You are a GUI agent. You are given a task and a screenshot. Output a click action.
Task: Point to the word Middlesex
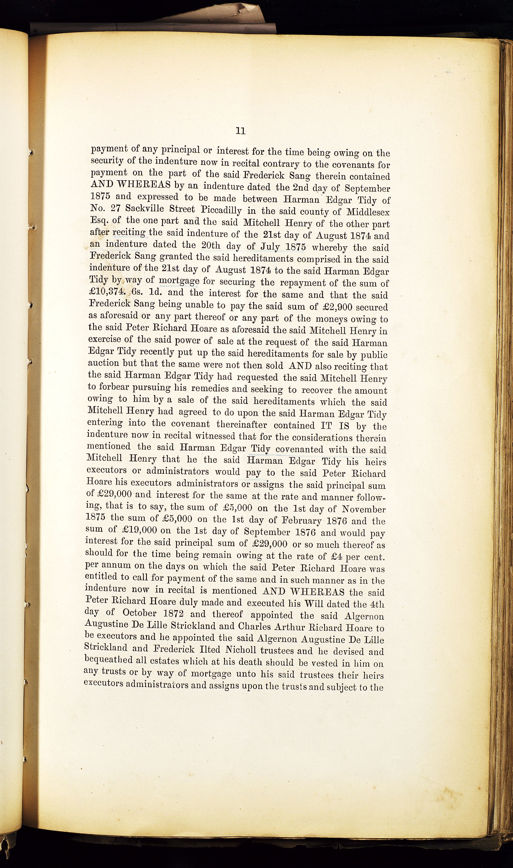[x=365, y=212]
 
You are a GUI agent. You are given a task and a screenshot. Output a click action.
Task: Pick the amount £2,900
[x=341, y=307]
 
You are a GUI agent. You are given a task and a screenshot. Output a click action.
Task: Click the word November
[x=364, y=509]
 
